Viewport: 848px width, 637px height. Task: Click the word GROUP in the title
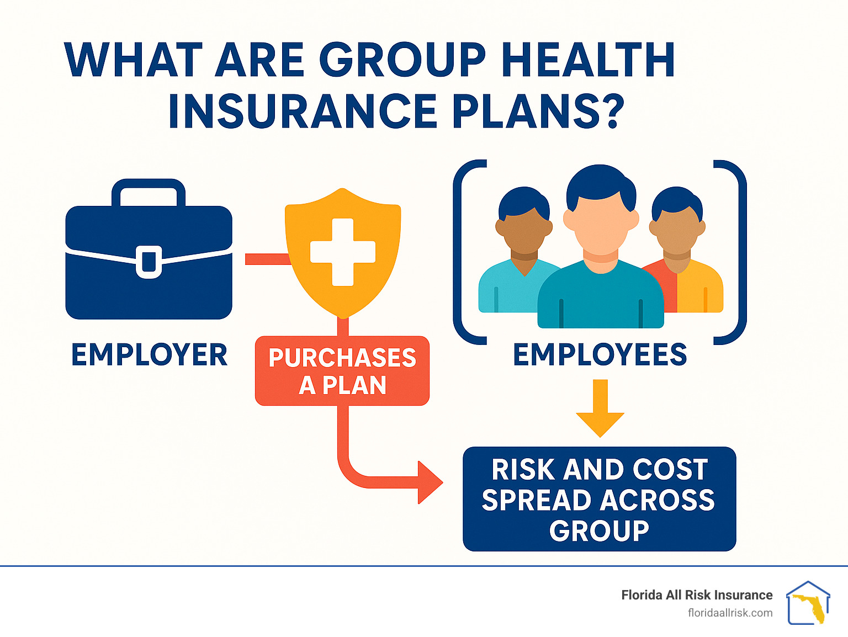tap(403, 60)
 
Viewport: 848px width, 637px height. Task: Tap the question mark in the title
tap(611, 110)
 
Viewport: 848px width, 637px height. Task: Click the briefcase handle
tap(149, 192)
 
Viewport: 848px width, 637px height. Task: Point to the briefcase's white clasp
tap(149, 262)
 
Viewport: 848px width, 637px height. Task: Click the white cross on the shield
tap(343, 252)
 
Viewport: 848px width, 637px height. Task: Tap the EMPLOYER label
tap(150, 354)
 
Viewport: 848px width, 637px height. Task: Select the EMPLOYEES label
tap(600, 354)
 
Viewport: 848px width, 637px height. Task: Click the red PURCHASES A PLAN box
tap(342, 371)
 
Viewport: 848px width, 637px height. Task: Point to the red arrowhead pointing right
tap(430, 482)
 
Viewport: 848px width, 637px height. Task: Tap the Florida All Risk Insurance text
tap(697, 595)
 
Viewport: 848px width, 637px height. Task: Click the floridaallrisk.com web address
tap(730, 613)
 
